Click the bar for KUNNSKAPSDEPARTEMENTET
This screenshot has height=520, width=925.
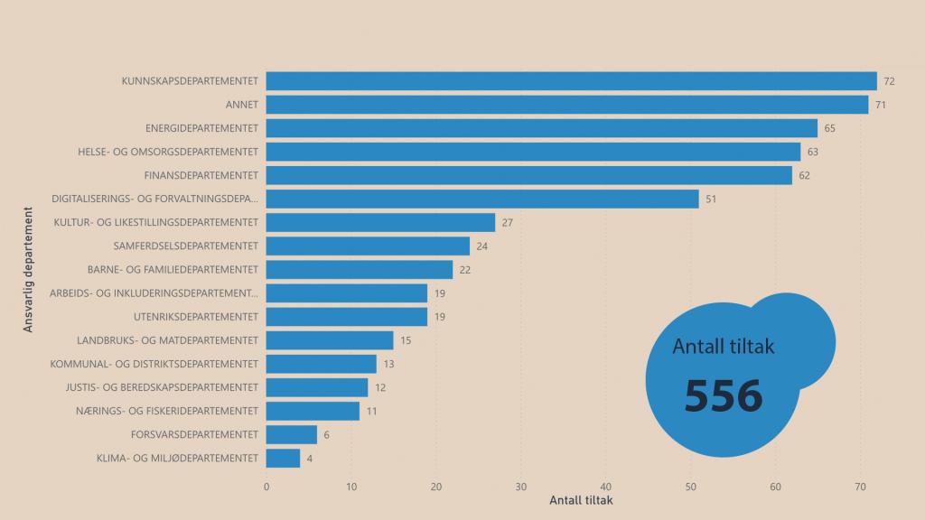pyautogui.click(x=571, y=81)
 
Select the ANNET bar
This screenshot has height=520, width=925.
pyautogui.click(x=567, y=105)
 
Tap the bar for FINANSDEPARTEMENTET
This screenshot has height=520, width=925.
pyautogui.click(x=528, y=175)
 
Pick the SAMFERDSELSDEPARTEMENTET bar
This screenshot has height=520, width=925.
pyautogui.click(x=368, y=246)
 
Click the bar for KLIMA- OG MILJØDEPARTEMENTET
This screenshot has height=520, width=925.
pyautogui.click(x=283, y=458)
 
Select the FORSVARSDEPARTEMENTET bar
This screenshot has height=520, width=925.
pyautogui.click(x=292, y=434)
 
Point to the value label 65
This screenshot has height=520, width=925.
pyautogui.click(x=829, y=128)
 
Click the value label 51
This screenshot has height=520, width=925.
pyautogui.click(x=711, y=199)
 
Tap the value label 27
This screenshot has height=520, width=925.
pyautogui.click(x=507, y=222)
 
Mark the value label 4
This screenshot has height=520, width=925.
pyautogui.click(x=310, y=458)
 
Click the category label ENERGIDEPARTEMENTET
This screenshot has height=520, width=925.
pyautogui.click(x=201, y=128)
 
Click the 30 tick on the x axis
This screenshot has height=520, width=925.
pyautogui.click(x=521, y=487)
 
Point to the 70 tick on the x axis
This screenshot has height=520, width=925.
pyautogui.click(x=860, y=487)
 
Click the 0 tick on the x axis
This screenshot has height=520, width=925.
pyautogui.click(x=266, y=487)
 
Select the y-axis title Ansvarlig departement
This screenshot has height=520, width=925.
pyautogui.click(x=28, y=271)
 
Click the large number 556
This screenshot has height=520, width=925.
pyautogui.click(x=723, y=395)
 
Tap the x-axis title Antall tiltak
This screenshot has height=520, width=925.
pyautogui.click(x=581, y=500)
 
